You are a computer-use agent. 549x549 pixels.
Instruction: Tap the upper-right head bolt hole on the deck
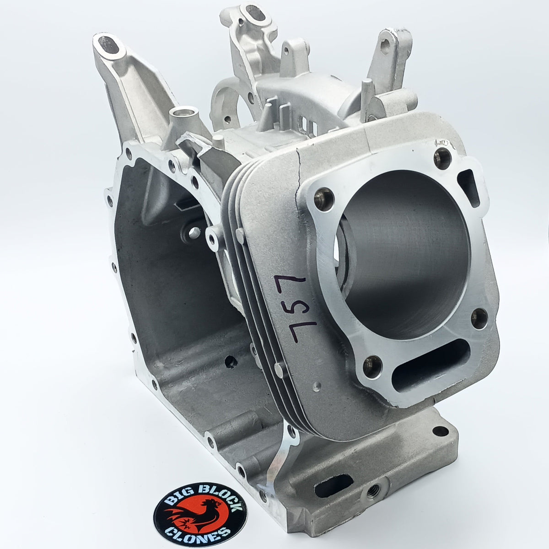point(442,158)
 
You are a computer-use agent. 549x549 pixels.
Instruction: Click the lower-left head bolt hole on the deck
point(372,365)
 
